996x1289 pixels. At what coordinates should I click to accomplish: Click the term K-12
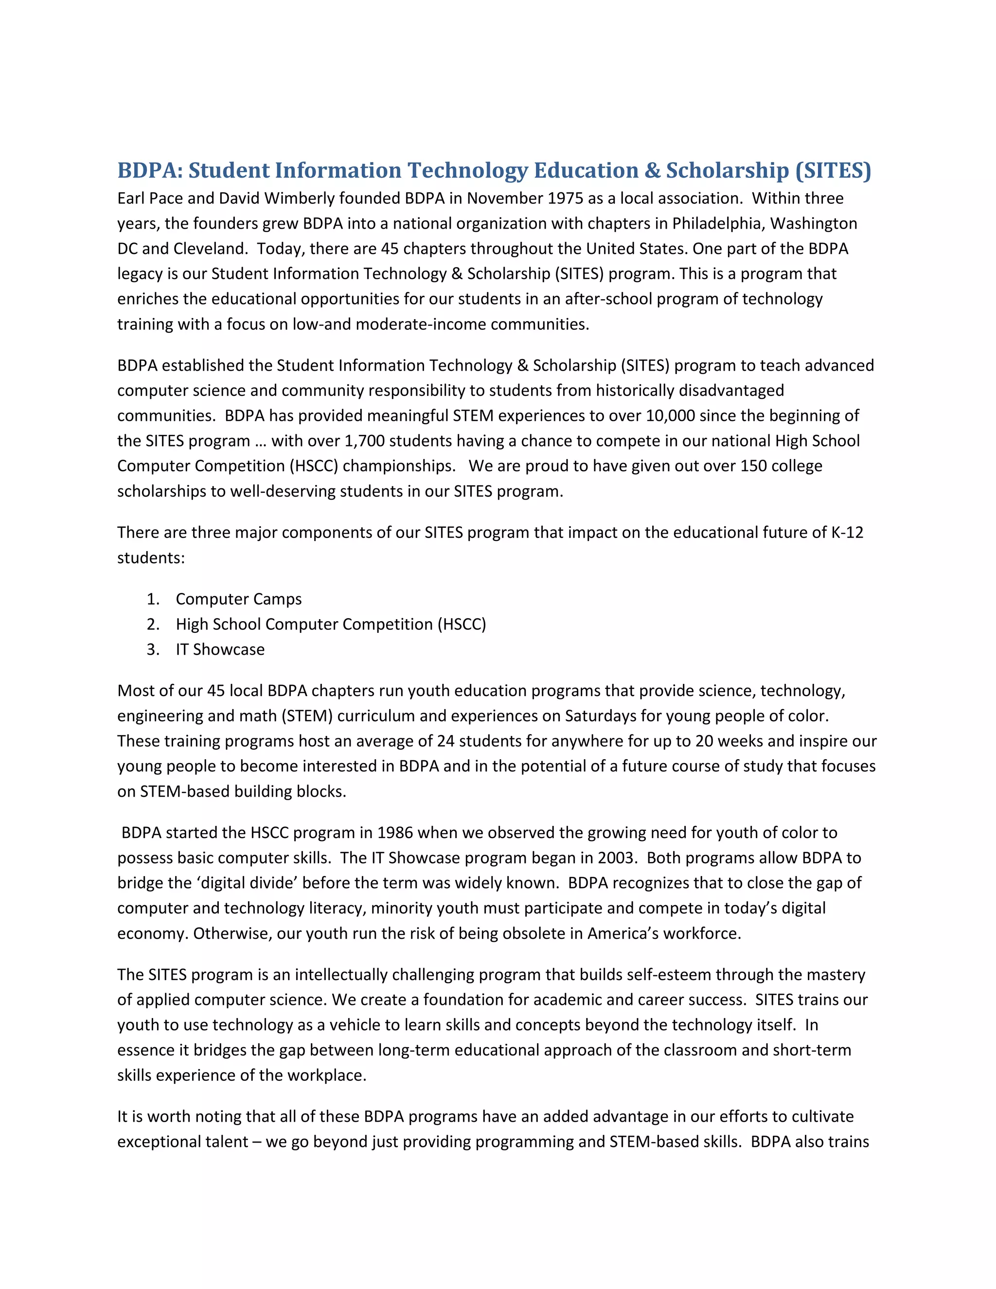(x=847, y=532)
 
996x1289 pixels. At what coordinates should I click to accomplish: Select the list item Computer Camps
(x=238, y=599)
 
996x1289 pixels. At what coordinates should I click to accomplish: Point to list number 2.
(x=153, y=625)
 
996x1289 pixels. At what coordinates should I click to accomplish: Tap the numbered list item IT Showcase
(x=220, y=649)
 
